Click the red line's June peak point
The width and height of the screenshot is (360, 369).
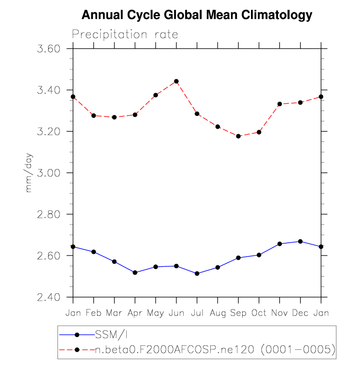176,81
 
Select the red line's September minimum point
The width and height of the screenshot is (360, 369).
238,136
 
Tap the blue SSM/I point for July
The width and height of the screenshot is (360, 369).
197,273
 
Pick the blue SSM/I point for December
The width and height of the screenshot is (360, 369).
300,241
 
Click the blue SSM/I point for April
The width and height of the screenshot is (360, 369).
135,272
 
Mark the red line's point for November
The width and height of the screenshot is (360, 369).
279,104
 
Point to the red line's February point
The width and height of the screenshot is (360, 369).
93,115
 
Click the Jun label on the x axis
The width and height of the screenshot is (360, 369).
176,313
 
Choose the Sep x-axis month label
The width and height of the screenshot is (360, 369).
238,313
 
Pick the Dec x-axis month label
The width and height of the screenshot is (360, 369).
300,313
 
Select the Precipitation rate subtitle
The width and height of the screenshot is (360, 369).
125,35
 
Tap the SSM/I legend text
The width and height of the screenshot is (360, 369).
112,335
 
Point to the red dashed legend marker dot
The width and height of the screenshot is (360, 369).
77,349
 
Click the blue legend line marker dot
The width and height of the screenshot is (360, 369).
77,335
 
